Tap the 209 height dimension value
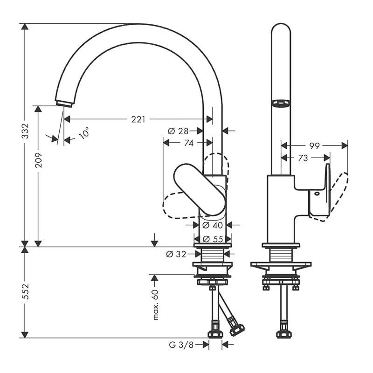coord(39,160)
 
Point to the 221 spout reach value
coord(138,119)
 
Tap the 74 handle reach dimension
coord(188,144)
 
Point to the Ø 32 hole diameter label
coord(176,254)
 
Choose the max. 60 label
coord(155,304)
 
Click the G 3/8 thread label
coord(181,345)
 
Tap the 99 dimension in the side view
coord(315,146)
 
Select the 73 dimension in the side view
coord(303,159)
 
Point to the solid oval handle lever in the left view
coord(200,189)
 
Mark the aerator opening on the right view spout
coord(281,103)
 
